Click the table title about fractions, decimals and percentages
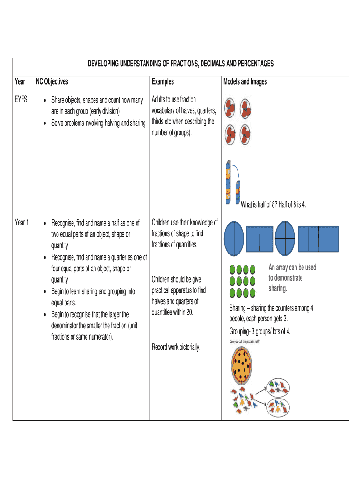(x=180, y=64)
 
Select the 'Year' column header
(x=20, y=82)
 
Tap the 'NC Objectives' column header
(x=52, y=82)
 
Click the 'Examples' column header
(x=163, y=82)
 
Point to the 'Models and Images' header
(x=245, y=82)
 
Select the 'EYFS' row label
(x=22, y=100)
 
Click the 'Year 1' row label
(x=22, y=223)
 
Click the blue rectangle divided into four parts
(x=319, y=239)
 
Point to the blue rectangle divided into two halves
(x=259, y=239)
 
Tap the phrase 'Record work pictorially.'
(x=176, y=347)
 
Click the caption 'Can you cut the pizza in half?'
(x=245, y=342)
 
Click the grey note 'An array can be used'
(x=292, y=268)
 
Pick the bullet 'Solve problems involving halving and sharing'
(x=98, y=123)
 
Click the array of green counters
(x=242, y=281)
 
